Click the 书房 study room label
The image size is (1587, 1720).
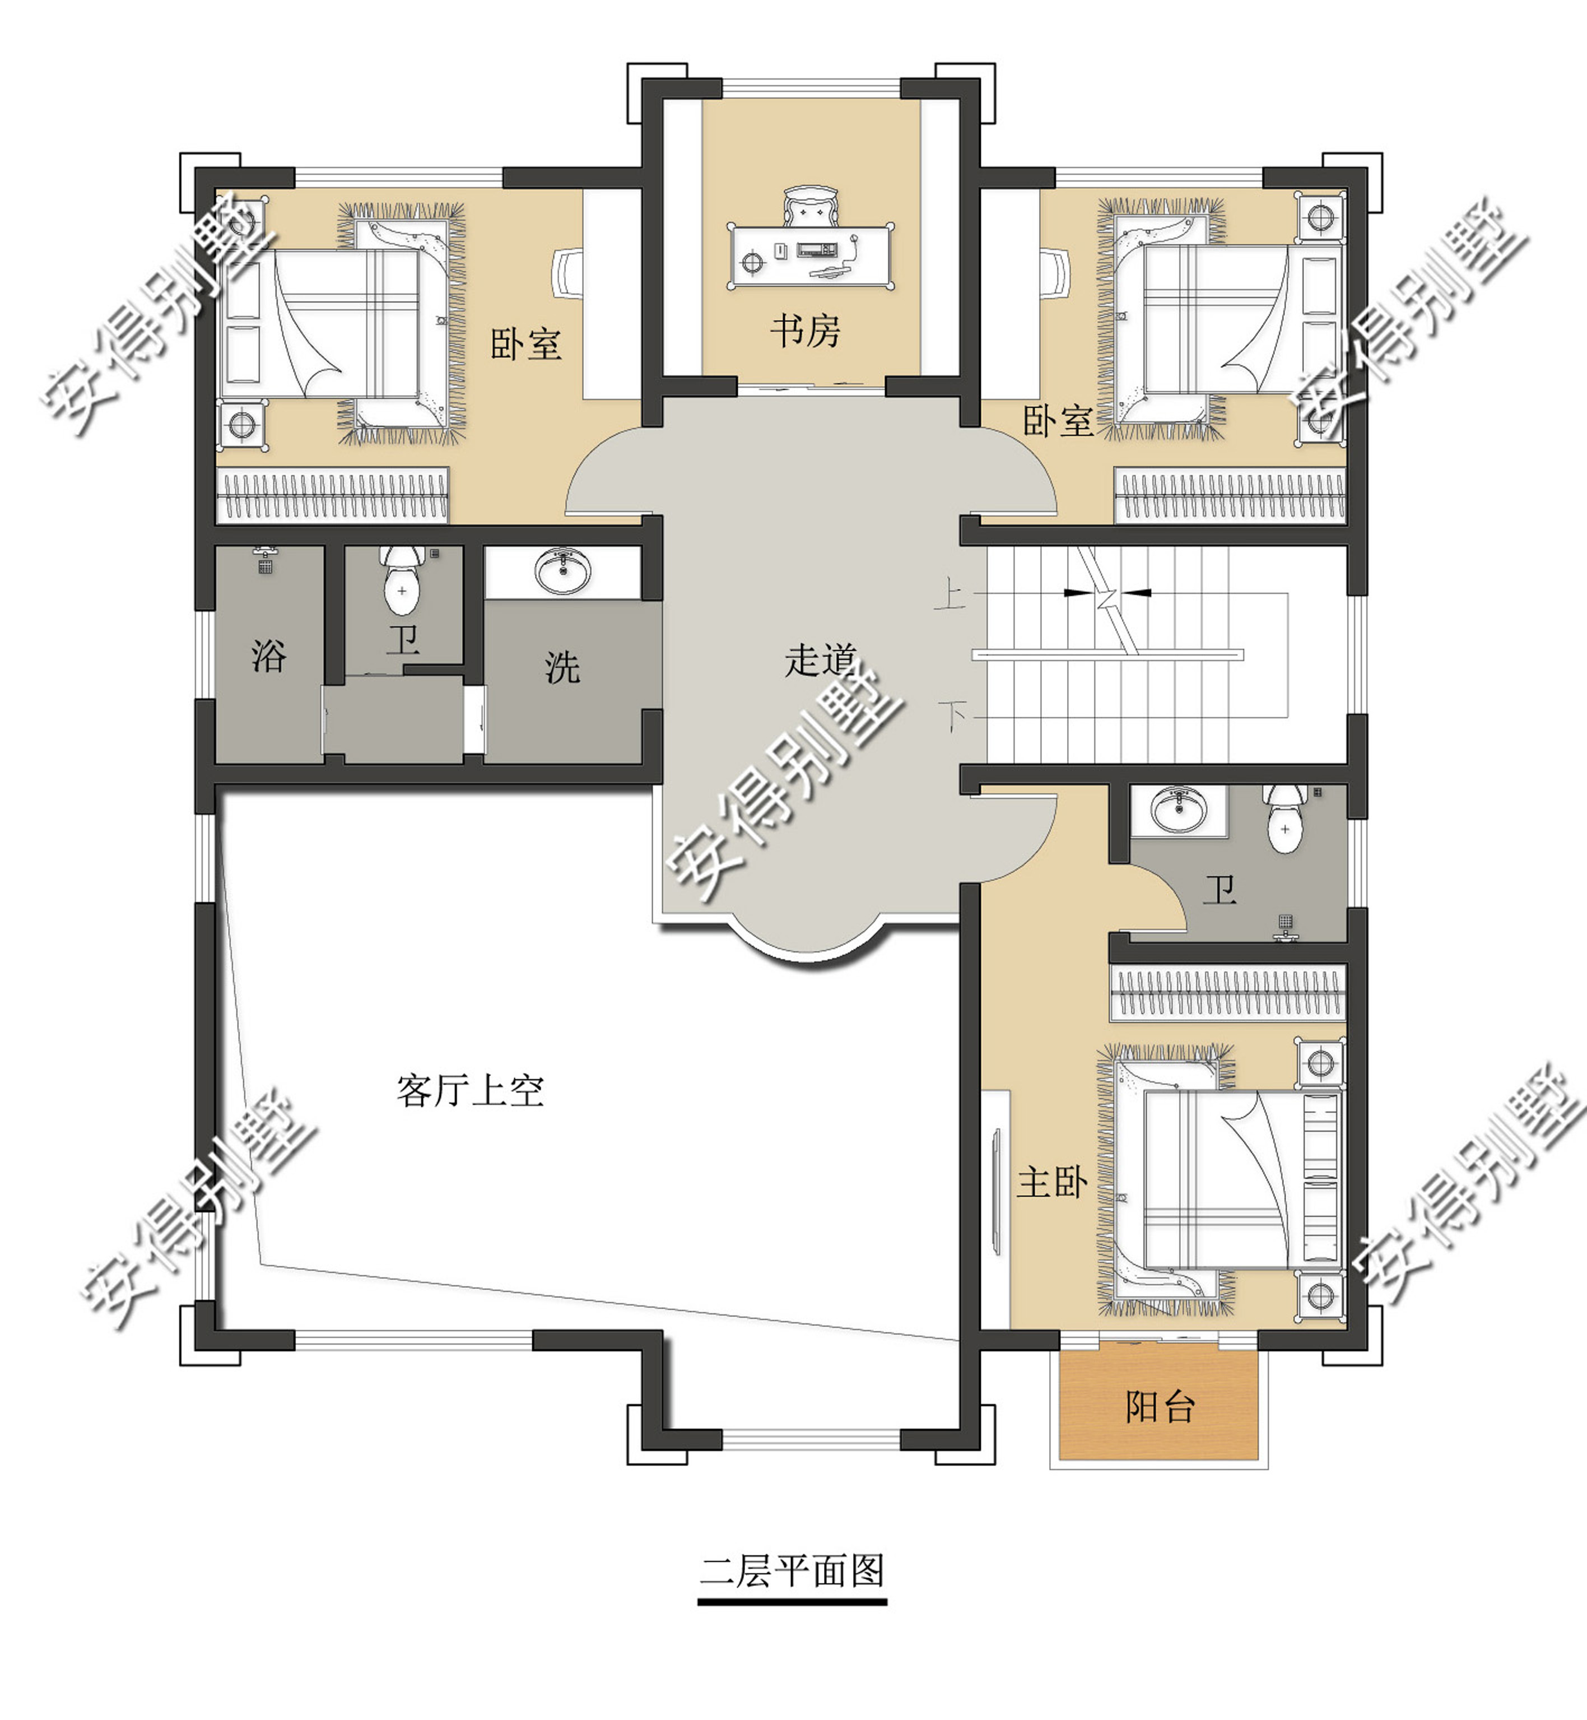click(x=804, y=331)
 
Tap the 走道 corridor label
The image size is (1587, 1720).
click(x=820, y=659)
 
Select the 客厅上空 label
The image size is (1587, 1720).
click(x=470, y=1091)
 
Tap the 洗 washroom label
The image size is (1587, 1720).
click(x=562, y=667)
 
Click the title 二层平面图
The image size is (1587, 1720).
click(x=792, y=1570)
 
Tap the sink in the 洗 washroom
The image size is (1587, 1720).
click(x=562, y=570)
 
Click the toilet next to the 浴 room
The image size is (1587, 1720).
click(x=402, y=580)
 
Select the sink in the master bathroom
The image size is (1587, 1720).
click(x=1178, y=809)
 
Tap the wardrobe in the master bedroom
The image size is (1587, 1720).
click(x=1228, y=993)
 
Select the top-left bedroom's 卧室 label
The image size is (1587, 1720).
click(x=525, y=345)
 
